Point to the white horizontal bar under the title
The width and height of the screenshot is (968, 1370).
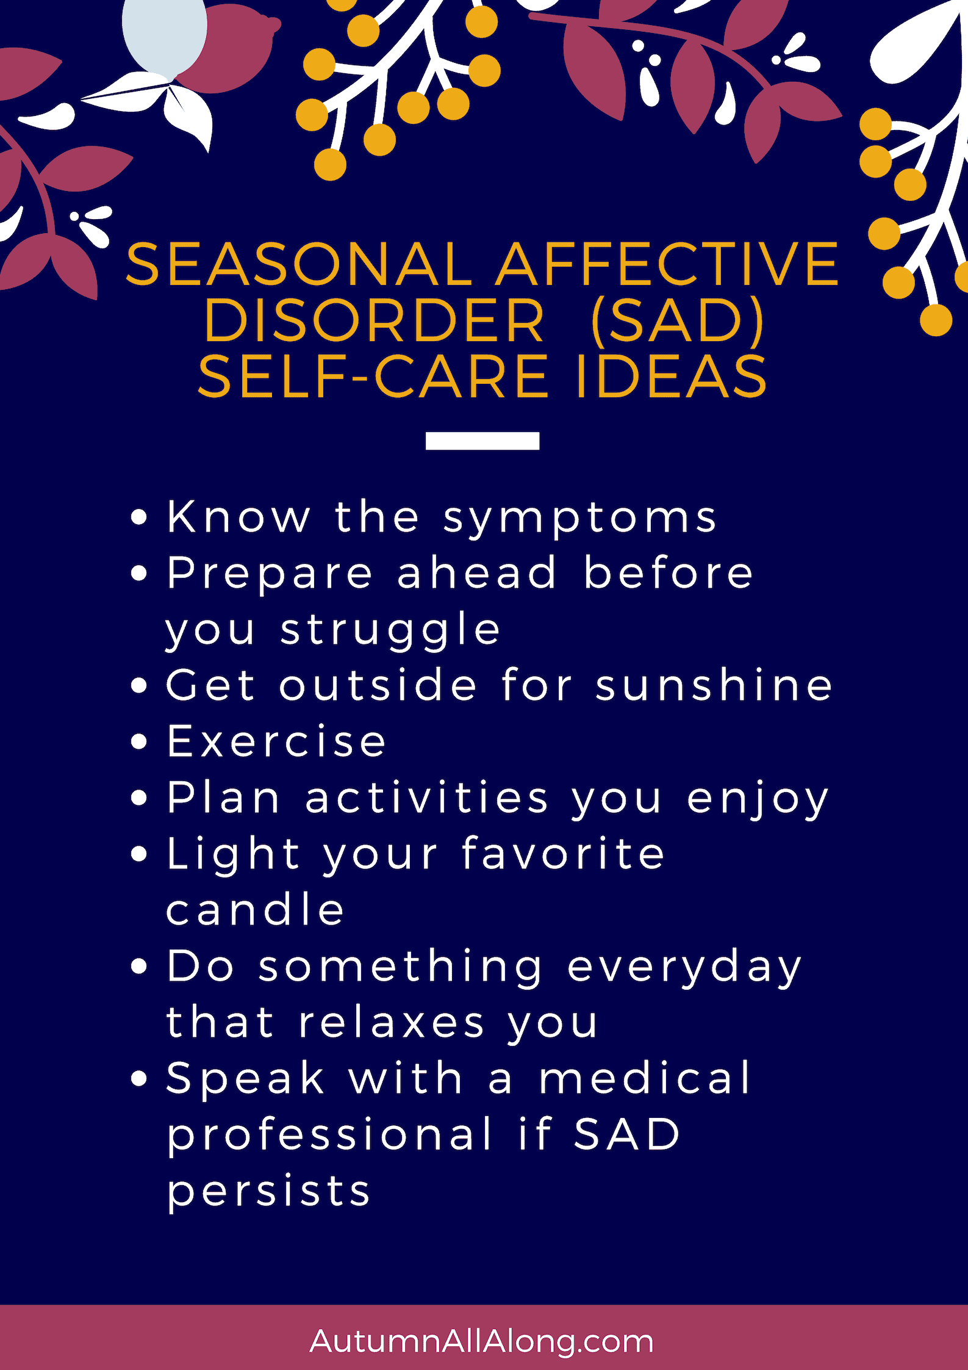(x=482, y=441)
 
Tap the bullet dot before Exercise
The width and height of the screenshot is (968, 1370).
(x=140, y=741)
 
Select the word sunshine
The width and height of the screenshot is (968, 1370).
(x=714, y=685)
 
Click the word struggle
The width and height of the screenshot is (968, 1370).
(x=390, y=630)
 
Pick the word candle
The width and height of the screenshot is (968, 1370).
(x=255, y=909)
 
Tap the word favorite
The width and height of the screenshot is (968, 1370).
(x=562, y=853)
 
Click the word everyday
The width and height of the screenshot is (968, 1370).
(x=684, y=967)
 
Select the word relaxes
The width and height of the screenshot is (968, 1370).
(x=392, y=1022)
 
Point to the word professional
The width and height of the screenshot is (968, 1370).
(x=329, y=1135)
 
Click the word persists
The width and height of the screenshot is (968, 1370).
(x=268, y=1191)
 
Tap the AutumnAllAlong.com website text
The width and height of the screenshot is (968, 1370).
(x=482, y=1341)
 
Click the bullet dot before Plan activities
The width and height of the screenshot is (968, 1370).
(x=140, y=798)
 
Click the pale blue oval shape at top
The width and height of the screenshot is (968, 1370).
(x=163, y=31)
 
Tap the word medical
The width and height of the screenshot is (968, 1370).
(x=645, y=1078)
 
